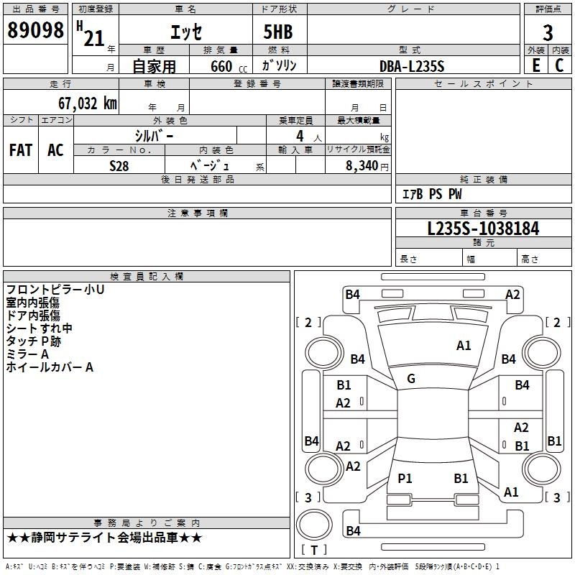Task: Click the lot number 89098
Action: click(35, 30)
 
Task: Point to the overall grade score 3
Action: click(548, 33)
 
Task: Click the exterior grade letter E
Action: click(536, 65)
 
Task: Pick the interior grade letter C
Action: click(559, 65)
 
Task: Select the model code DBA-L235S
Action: click(413, 66)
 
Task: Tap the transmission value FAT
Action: click(21, 150)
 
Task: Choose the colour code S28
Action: click(119, 165)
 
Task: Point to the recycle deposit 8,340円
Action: click(367, 165)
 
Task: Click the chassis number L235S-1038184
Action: click(483, 229)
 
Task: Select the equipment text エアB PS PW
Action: click(431, 194)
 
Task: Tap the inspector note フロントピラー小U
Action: click(55, 290)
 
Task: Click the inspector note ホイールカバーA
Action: click(50, 367)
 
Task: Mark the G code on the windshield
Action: click(411, 379)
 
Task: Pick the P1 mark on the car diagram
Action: click(405, 479)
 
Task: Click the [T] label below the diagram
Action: click(314, 550)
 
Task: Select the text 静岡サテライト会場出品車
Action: click(104, 538)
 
